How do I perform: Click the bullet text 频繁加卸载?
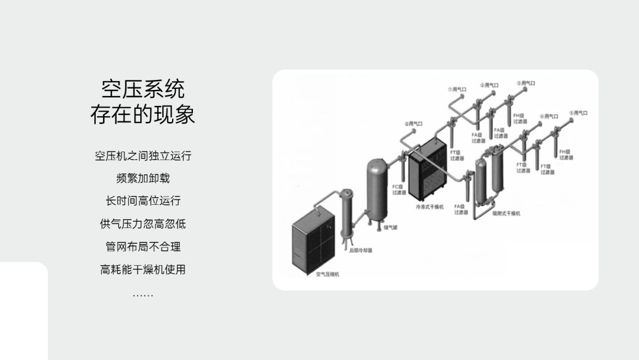(x=143, y=178)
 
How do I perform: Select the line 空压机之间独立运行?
(x=143, y=156)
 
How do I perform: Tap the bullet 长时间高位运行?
(x=143, y=201)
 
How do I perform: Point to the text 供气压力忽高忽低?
(x=143, y=224)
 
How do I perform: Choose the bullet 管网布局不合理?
(x=143, y=246)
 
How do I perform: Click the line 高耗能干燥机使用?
(x=143, y=269)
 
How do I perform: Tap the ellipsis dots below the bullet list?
(x=143, y=294)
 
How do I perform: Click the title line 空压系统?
(x=143, y=89)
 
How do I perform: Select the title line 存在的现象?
(x=143, y=114)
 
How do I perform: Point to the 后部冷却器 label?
(x=361, y=250)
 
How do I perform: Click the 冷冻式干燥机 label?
(x=430, y=207)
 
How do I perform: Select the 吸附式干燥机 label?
(x=506, y=213)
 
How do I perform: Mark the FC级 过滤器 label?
(x=399, y=189)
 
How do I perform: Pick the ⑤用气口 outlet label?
(x=579, y=112)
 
